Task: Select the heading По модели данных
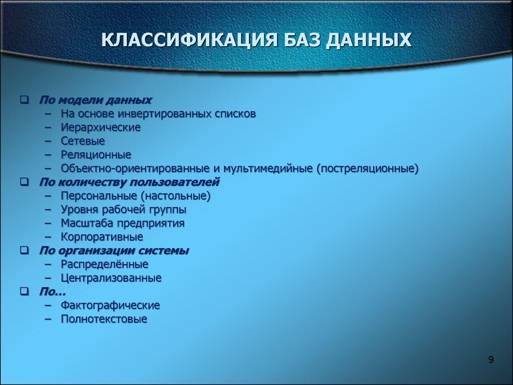pyautogui.click(x=95, y=100)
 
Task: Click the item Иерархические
pyautogui.click(x=101, y=127)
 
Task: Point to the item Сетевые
pyautogui.click(x=83, y=141)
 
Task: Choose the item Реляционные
pyautogui.click(x=96, y=154)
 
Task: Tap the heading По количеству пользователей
pyautogui.click(x=129, y=181)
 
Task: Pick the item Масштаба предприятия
pyautogui.click(x=123, y=223)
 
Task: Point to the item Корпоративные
pyautogui.click(x=102, y=237)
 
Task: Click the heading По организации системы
pyautogui.click(x=114, y=250)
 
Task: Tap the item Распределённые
pyautogui.click(x=104, y=264)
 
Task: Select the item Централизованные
pyautogui.click(x=111, y=278)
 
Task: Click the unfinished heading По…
pyautogui.click(x=52, y=291)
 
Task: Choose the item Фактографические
pyautogui.click(x=110, y=305)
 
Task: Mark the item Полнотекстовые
pyautogui.click(x=104, y=319)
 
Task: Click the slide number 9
pyautogui.click(x=490, y=359)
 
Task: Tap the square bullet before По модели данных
pyautogui.click(x=24, y=100)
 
